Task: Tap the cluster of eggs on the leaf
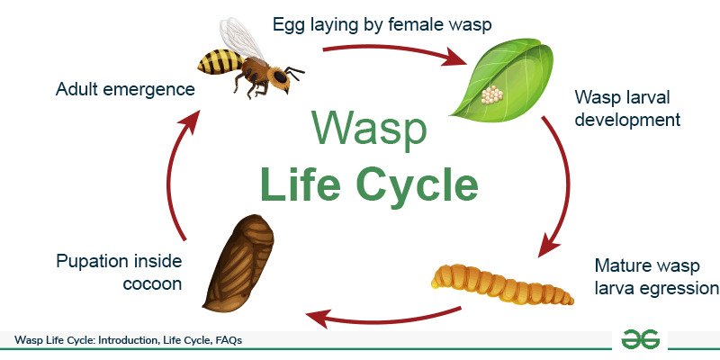[491, 94]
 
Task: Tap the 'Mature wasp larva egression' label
[656, 276]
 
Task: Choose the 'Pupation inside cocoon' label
[119, 271]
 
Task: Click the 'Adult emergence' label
[125, 89]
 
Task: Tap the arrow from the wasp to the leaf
[396, 55]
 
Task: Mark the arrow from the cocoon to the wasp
[176, 180]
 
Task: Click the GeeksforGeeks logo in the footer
[640, 339]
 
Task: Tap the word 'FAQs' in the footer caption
[224, 340]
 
